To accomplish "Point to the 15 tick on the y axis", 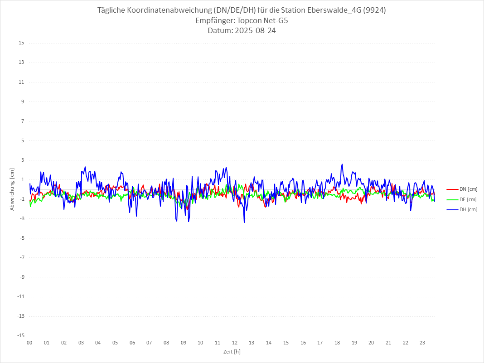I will click(x=21, y=43).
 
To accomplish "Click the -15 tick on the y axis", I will click(x=20, y=335).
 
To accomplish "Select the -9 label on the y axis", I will click(x=21, y=277).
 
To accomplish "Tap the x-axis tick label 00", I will click(x=29, y=343).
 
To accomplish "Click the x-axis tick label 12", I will click(x=235, y=343).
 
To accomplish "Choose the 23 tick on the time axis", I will click(x=422, y=343).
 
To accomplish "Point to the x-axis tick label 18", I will click(x=337, y=343).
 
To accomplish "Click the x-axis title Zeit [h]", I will click(x=232, y=351).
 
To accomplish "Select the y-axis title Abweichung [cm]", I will click(x=12, y=189).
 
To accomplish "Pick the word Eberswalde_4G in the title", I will click(x=334, y=10).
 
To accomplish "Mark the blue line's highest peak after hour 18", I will click(x=342, y=164).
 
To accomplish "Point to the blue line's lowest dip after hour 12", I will click(x=244, y=223).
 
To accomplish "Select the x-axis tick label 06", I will click(x=132, y=343).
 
